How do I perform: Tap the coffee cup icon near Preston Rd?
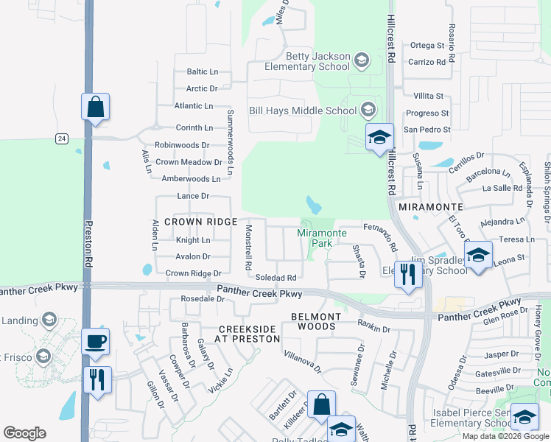pyautogui.click(x=96, y=342)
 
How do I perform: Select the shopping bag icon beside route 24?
pyautogui.click(x=96, y=107)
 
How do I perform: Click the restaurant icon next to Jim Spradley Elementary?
pyautogui.click(x=407, y=275)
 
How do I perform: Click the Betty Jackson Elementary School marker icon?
pyautogui.click(x=362, y=60)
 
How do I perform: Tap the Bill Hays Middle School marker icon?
pyautogui.click(x=368, y=111)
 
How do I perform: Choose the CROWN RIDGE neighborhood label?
pyautogui.click(x=200, y=222)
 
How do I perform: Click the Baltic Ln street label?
pyautogui.click(x=203, y=72)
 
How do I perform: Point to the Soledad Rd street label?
pyautogui.click(x=275, y=278)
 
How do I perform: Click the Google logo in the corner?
pyautogui.click(x=24, y=433)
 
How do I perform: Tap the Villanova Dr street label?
pyautogui.click(x=303, y=361)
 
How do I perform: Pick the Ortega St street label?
pyautogui.click(x=428, y=46)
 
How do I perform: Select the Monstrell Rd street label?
pyautogui.click(x=248, y=247)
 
